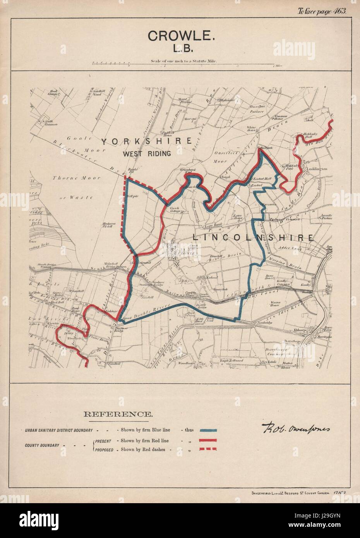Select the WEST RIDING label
(147, 154)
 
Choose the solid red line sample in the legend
(208, 440)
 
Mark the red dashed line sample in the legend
(208, 449)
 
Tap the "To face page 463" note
(322, 11)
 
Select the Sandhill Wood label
(94, 93)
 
